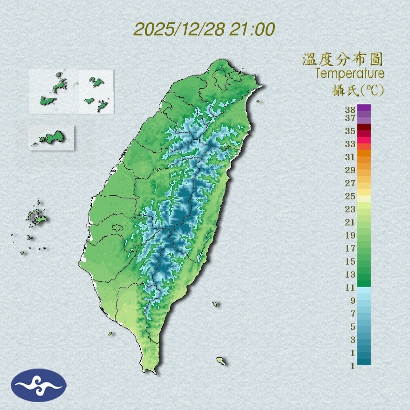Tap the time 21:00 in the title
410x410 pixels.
click(251, 29)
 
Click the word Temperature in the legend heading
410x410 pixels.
click(349, 74)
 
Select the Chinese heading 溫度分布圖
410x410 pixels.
click(343, 60)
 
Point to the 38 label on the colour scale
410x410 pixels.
click(350, 110)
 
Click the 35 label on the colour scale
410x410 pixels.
click(350, 131)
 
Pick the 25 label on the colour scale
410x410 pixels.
click(350, 196)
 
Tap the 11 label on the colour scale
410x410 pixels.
click(350, 287)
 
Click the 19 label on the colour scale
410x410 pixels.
click(350, 235)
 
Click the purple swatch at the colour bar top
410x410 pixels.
click(364, 108)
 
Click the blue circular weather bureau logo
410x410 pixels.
click(39, 385)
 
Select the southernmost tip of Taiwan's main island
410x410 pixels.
click(150, 371)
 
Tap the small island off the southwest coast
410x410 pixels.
click(111, 333)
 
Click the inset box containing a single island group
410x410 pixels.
click(51, 138)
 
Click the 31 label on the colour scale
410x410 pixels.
click(350, 157)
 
